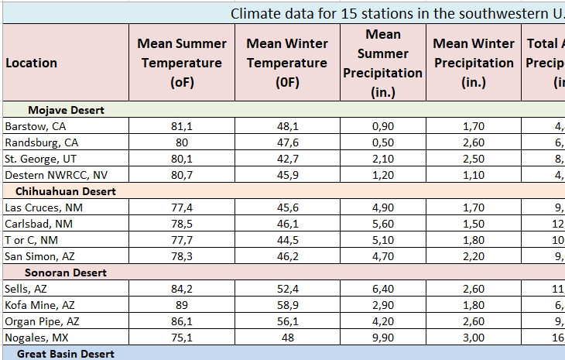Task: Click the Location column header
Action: click(31, 63)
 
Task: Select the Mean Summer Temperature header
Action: click(182, 63)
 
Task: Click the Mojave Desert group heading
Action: click(66, 110)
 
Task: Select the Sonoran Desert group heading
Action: click(65, 273)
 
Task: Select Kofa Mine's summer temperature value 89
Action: click(182, 305)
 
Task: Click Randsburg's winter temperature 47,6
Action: click(287, 142)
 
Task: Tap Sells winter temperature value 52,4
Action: click(287, 289)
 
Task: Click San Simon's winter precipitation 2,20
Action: click(473, 256)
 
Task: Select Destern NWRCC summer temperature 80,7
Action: click(182, 175)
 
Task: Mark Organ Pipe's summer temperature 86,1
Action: click(182, 321)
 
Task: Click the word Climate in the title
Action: click(256, 14)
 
